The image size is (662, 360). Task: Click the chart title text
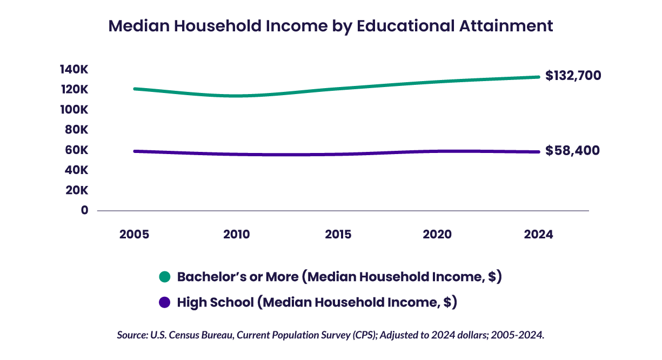331,26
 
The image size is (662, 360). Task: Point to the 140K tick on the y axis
74,69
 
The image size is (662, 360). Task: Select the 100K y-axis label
74,110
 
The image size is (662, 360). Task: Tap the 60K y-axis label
77,150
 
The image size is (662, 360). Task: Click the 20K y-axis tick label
77,190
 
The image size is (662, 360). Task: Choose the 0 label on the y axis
84,210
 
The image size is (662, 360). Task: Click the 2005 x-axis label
134,235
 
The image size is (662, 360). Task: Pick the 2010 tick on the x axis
236,235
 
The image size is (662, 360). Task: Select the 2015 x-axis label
338,235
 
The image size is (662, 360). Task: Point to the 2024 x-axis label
539,235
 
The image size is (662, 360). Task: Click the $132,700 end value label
573,76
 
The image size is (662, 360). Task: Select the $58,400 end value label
572,150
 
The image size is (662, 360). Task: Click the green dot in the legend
165,277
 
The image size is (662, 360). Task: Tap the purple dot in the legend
165,303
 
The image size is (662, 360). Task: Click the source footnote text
331,335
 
